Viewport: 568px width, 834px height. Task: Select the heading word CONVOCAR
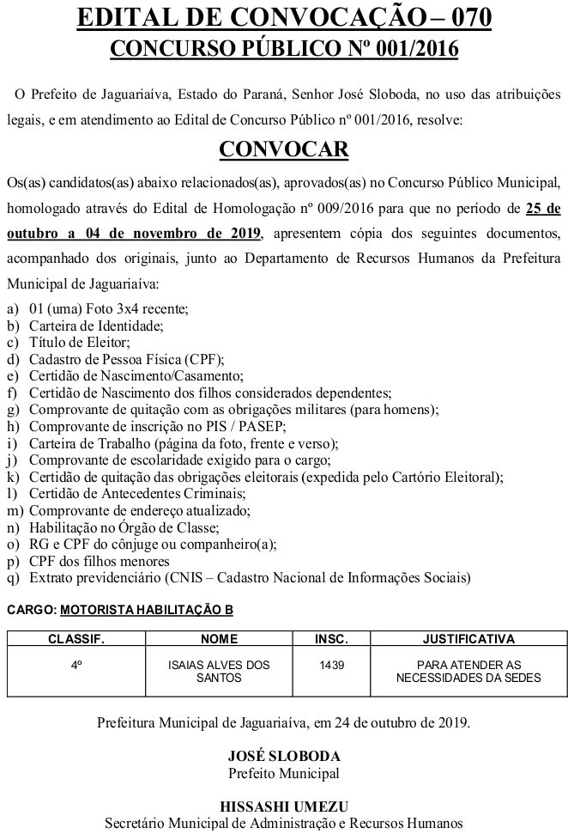click(284, 149)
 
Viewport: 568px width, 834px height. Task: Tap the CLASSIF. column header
click(76, 639)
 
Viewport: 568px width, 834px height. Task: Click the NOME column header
click(219, 639)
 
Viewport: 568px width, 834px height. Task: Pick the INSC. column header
click(331, 639)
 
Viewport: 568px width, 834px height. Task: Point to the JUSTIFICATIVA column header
click(468, 639)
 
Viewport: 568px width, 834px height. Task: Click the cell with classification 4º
click(76, 665)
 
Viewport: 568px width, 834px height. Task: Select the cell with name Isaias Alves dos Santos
click(219, 671)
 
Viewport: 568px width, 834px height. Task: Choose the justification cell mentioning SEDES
click(468, 671)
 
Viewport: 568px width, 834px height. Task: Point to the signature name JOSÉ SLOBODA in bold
click(284, 757)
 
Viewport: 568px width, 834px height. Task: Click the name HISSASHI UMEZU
click(284, 806)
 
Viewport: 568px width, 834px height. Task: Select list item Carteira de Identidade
click(96, 326)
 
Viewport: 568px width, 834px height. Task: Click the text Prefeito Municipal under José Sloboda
click(284, 773)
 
